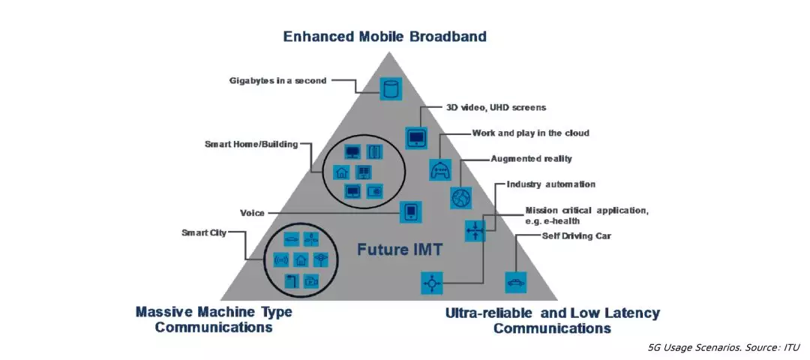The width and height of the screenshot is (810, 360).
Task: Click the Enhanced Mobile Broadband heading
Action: click(x=385, y=37)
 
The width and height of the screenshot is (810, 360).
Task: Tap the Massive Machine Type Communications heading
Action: click(x=214, y=319)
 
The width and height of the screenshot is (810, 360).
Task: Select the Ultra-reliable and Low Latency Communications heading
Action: click(x=552, y=320)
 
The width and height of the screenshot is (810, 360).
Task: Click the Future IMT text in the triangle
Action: click(x=399, y=250)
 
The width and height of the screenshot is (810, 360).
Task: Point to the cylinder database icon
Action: click(x=391, y=88)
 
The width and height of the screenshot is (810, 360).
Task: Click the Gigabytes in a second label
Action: click(x=278, y=80)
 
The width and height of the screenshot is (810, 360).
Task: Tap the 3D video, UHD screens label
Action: click(x=496, y=107)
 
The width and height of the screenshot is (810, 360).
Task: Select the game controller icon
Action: click(x=441, y=169)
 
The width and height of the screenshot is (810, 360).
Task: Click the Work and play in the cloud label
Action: click(x=530, y=133)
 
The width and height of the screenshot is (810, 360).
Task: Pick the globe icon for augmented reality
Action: click(x=460, y=198)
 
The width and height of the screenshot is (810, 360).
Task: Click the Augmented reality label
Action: click(x=532, y=158)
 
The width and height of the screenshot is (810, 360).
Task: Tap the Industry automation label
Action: click(x=551, y=184)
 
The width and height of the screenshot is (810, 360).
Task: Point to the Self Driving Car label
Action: click(x=576, y=236)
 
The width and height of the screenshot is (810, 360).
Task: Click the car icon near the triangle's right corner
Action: click(x=515, y=282)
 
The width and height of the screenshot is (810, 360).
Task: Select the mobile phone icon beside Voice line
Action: click(x=411, y=212)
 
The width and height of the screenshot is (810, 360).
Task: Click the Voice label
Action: click(x=252, y=213)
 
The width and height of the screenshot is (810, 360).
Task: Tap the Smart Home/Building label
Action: click(x=251, y=145)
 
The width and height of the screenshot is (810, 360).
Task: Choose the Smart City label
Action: click(x=204, y=233)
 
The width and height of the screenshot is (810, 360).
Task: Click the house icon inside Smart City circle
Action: click(x=301, y=259)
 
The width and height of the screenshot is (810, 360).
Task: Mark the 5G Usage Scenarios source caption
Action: click(x=724, y=347)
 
